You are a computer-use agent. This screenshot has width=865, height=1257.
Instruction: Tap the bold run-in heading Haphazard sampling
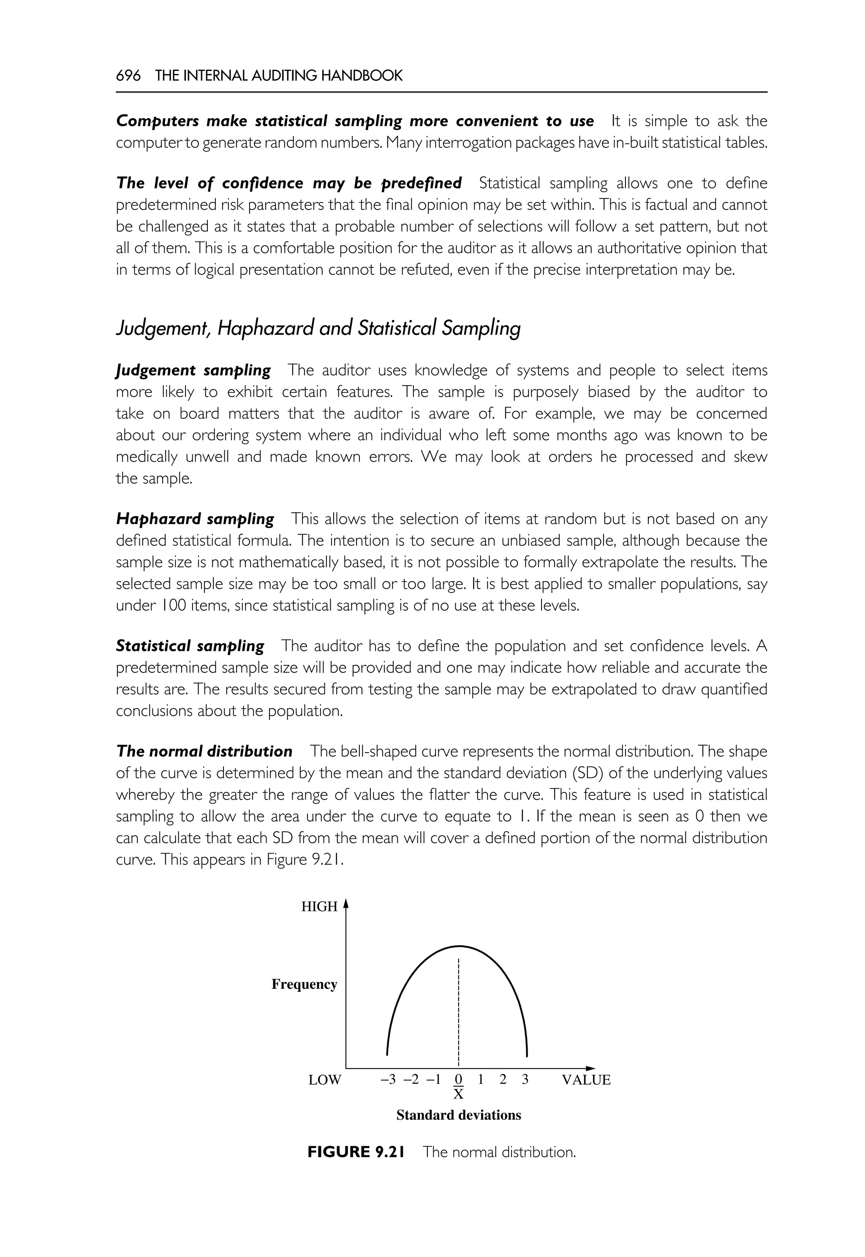coord(195,519)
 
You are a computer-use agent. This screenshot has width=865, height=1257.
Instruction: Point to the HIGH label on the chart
coord(319,906)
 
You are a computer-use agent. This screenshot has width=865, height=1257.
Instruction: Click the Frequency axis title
coord(304,984)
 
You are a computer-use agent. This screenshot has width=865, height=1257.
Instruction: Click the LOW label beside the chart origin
coord(325,1080)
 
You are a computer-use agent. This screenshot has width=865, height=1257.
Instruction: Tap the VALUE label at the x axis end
coord(586,1080)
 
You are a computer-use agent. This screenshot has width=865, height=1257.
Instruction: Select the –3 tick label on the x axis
coord(388,1079)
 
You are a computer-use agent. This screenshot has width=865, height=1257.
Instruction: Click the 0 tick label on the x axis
coord(459,1079)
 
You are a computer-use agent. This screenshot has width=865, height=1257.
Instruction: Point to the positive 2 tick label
coord(503,1079)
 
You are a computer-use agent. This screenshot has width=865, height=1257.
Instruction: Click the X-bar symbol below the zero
coord(459,1094)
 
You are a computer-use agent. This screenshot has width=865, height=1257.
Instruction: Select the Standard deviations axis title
coord(459,1115)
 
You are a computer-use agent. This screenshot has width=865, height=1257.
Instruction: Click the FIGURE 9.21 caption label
coord(356,1152)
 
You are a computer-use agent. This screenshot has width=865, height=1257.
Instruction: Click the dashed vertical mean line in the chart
coord(459,1008)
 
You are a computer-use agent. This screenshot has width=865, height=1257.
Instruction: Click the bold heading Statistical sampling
coord(190,645)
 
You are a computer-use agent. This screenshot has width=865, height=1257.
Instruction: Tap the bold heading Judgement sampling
coord(193,370)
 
